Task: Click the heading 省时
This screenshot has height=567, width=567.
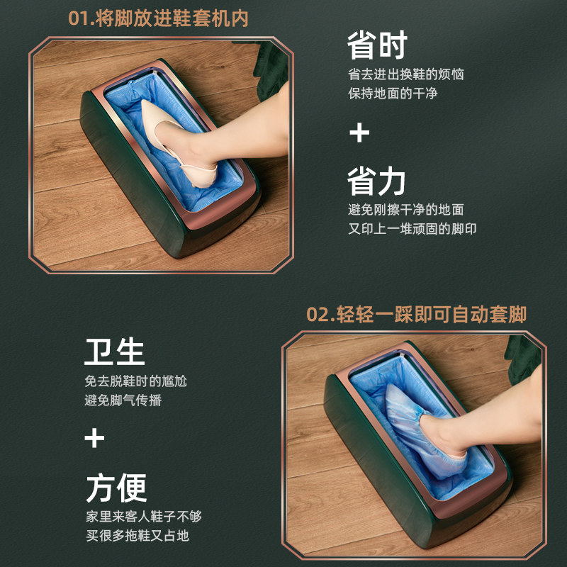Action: point(376,45)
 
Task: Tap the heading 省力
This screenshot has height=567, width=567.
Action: point(376,181)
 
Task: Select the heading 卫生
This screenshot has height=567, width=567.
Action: point(115,352)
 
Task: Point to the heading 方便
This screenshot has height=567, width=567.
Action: point(115,488)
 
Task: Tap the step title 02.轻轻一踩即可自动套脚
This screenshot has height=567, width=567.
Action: point(417,315)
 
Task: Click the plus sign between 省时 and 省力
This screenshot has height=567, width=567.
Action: point(360,133)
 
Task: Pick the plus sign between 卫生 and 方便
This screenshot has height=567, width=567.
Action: point(94,438)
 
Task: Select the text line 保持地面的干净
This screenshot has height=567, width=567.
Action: point(392,94)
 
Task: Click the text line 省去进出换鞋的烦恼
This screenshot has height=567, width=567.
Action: point(405,74)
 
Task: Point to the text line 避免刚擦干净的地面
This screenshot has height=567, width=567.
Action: point(405,210)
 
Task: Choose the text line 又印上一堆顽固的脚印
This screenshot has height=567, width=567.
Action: point(412,230)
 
